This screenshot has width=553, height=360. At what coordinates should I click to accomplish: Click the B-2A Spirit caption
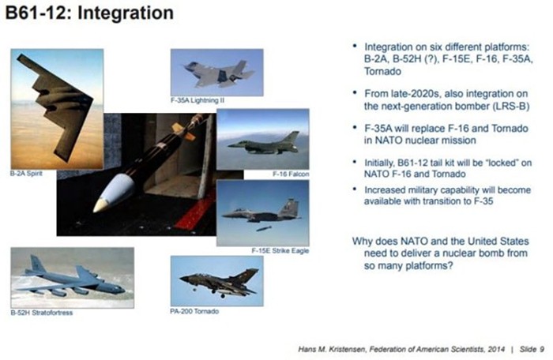click(x=26, y=174)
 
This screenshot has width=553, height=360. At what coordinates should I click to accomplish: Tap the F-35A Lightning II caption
click(x=197, y=100)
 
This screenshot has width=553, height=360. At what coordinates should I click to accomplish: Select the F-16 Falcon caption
click(x=291, y=174)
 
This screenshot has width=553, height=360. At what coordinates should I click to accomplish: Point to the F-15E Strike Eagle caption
click(x=280, y=251)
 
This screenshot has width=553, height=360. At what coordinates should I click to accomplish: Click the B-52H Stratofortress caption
click(x=42, y=313)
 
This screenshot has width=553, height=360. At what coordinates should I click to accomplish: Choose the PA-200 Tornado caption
click(x=194, y=311)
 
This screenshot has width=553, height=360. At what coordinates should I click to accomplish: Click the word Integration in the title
click(x=126, y=13)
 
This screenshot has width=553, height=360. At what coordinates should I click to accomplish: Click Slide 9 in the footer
click(x=532, y=349)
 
